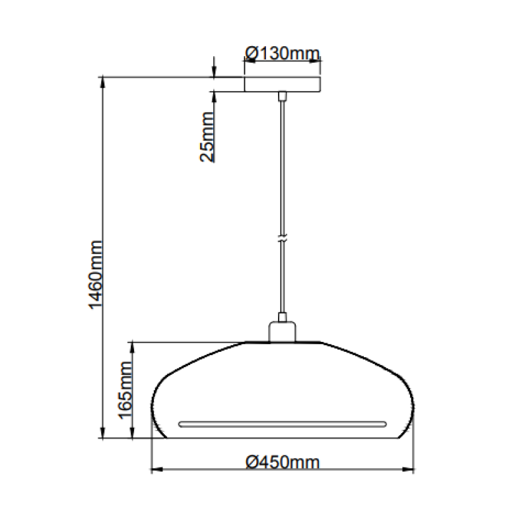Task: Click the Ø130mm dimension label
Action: coord(283,53)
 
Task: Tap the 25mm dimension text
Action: coord(207,137)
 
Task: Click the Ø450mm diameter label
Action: coord(283,462)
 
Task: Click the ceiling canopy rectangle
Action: coord(283,85)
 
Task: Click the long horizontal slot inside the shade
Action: coord(283,421)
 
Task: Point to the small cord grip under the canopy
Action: coord(283,96)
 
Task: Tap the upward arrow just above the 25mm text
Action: coord(214,96)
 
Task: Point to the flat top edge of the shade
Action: coord(283,342)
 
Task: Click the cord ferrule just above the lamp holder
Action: coord(283,318)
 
